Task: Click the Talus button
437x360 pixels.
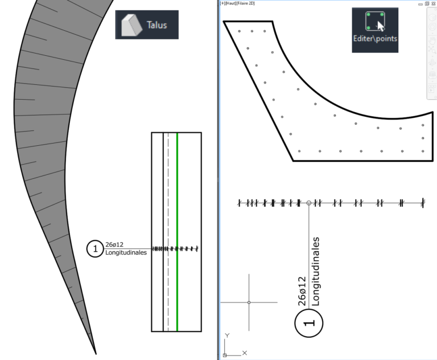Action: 147,25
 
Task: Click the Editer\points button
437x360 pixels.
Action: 375,30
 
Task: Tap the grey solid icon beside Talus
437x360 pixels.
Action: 132,25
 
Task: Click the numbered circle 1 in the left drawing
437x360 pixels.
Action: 95,249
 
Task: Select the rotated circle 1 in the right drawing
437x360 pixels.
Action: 309,323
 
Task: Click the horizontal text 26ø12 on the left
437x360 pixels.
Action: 114,244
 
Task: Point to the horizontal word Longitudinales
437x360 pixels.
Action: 126,252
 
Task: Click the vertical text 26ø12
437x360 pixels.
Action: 302,291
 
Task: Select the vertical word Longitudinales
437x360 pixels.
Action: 315,272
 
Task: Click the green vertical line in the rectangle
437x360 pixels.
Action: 178,232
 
